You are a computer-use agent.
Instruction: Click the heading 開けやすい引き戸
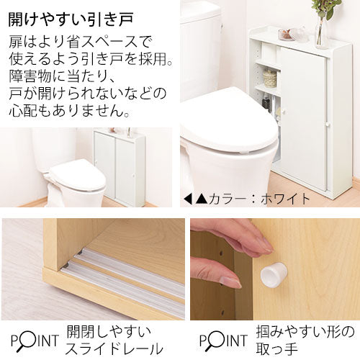click(x=71, y=19)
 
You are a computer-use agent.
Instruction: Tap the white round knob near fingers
click(x=274, y=273)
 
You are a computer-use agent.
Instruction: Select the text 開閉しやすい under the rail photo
click(x=109, y=332)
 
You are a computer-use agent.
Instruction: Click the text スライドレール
click(x=114, y=348)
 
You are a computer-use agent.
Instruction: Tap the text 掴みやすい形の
click(x=305, y=332)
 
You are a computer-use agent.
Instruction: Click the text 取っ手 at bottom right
click(x=276, y=349)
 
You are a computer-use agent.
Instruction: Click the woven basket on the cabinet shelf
click(x=270, y=78)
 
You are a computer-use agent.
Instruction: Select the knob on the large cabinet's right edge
click(x=328, y=125)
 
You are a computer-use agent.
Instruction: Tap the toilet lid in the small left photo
click(x=78, y=174)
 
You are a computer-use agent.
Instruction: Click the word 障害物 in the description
click(x=30, y=76)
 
